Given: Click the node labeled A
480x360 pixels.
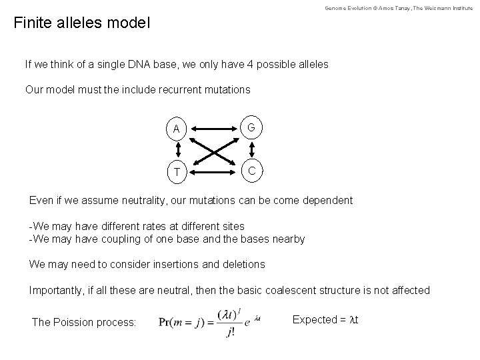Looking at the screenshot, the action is (x=175, y=128).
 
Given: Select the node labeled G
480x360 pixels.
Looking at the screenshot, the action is (x=251, y=127).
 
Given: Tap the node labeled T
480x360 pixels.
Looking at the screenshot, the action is (x=177, y=172).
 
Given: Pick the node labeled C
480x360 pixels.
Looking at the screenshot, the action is (x=251, y=171).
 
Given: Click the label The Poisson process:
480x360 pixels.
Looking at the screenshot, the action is (x=84, y=322).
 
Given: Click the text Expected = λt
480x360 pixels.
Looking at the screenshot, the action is (x=326, y=319).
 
